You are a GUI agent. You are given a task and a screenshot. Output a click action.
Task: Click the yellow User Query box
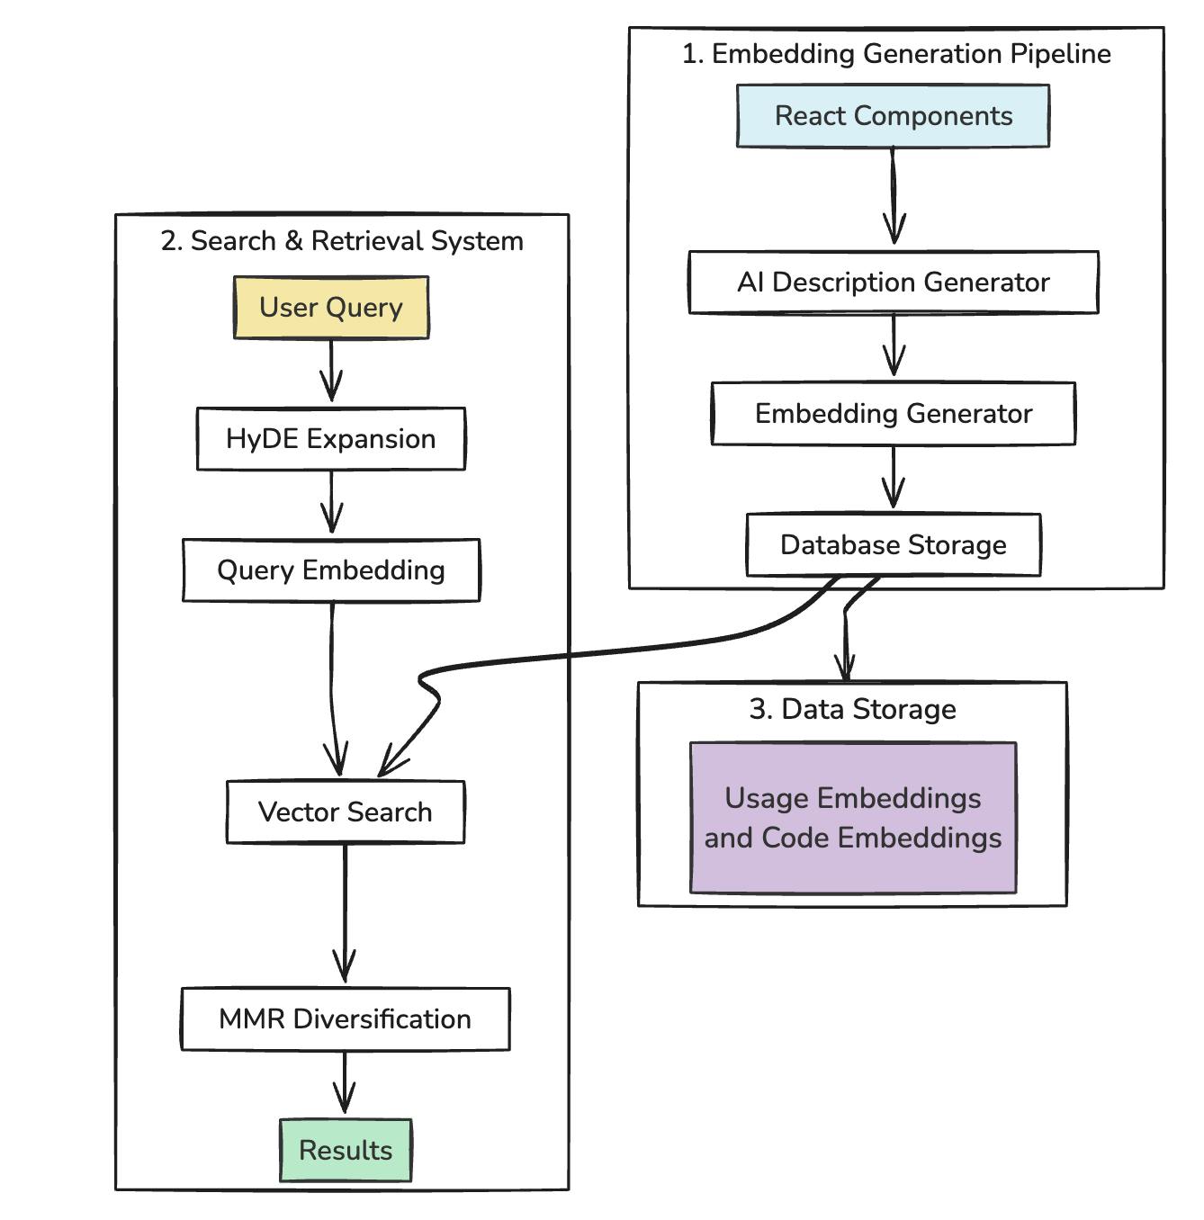coord(331,308)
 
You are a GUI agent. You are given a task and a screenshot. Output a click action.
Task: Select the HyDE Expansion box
coord(331,439)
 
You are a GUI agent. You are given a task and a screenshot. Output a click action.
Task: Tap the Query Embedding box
coord(331,570)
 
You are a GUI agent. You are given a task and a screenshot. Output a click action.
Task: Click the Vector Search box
coord(346,812)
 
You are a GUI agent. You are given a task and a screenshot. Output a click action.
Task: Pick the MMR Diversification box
coord(346,1019)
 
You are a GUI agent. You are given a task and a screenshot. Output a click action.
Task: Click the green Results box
coord(346,1151)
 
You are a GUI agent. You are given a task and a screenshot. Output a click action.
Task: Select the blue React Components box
coord(893,116)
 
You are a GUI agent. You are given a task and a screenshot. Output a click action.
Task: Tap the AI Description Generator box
coord(893,283)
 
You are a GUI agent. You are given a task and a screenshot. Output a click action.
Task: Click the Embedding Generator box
coord(893,414)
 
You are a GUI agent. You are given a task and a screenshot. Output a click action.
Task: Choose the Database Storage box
coord(893,545)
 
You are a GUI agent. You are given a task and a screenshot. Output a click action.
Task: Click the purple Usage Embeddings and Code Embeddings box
coord(853,818)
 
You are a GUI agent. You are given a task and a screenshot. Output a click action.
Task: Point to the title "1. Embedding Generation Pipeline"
coord(896,54)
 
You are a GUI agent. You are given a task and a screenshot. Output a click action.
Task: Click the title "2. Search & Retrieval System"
coord(342,241)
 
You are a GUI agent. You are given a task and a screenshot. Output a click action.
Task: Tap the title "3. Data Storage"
coord(852,709)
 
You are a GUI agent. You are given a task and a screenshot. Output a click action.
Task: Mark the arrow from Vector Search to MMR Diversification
coord(346,913)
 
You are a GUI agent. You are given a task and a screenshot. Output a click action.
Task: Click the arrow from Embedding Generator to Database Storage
coord(893,478)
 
